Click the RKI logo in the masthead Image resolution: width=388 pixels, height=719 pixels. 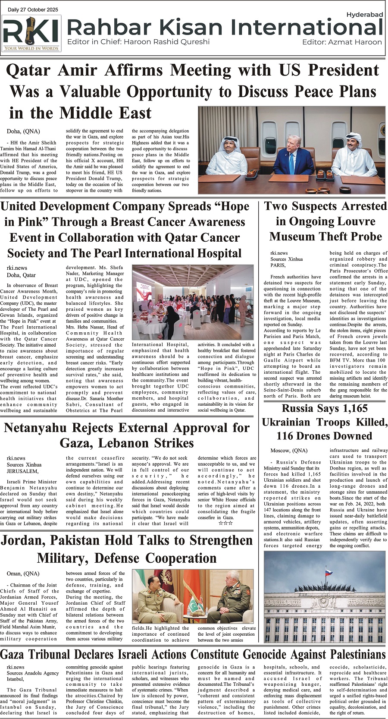click(x=31, y=33)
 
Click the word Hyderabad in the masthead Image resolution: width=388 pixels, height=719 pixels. click(x=364, y=15)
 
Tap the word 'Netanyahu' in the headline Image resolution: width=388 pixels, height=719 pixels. click(x=41, y=428)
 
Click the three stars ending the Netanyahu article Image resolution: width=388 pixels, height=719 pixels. click(x=226, y=523)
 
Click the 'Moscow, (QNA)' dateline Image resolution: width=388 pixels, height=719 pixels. click(x=289, y=451)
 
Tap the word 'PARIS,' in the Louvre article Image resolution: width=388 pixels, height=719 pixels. click(x=278, y=265)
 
